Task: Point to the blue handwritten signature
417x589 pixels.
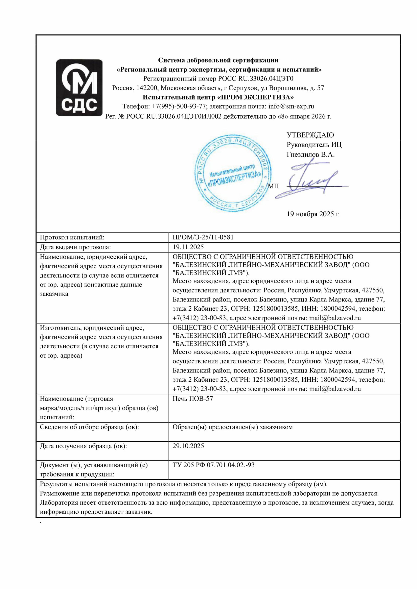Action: pos(311,180)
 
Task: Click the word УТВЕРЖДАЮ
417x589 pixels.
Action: pos(310,135)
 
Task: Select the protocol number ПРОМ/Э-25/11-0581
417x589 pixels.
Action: pos(203,237)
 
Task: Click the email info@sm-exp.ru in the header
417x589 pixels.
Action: pos(291,106)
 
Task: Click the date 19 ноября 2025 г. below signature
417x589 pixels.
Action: pos(313,214)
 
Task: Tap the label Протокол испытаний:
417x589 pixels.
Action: pos(72,237)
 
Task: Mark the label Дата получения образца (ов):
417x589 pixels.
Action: pos(83,446)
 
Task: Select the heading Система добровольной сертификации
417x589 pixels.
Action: pos(218,60)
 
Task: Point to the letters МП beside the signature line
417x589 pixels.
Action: pos(273,186)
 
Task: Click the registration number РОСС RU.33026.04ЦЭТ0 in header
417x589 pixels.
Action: pos(256,79)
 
